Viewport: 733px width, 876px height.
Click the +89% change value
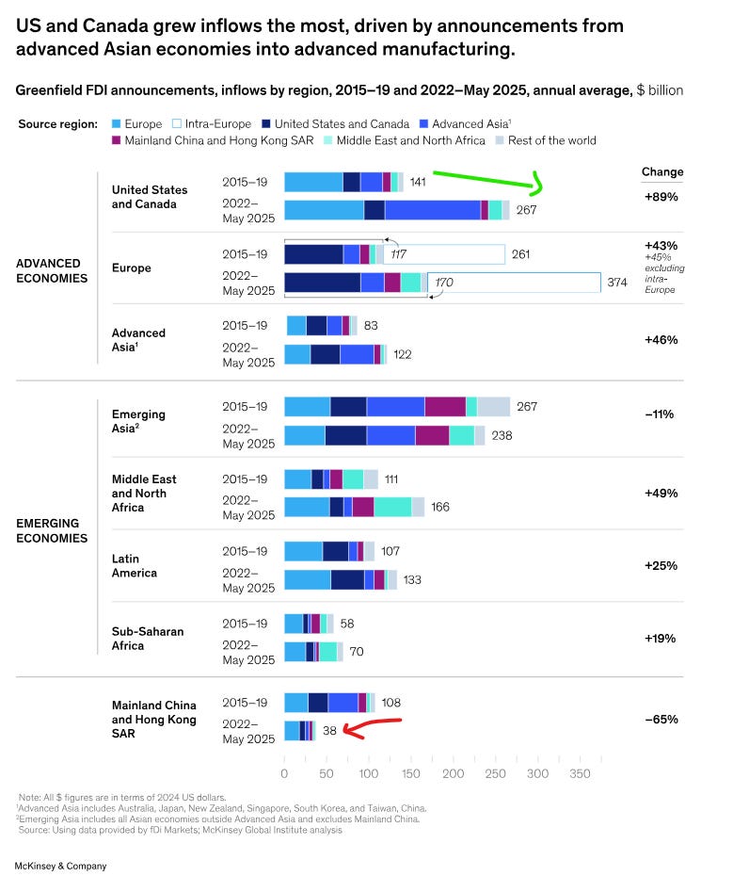click(x=661, y=197)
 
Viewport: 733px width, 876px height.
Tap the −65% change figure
click(x=661, y=719)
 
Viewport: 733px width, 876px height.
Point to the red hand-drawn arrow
click(x=372, y=726)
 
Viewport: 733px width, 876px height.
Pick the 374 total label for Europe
click(x=617, y=283)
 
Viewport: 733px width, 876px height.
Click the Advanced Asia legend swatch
click(x=423, y=123)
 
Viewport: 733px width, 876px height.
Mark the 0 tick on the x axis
click(x=284, y=773)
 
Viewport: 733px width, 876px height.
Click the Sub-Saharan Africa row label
click(x=148, y=638)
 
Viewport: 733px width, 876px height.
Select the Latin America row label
click(x=135, y=565)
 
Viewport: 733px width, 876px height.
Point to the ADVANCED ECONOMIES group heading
click(x=54, y=270)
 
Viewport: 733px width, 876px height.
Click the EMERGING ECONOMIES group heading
click(x=53, y=530)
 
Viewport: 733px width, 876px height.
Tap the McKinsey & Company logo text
click(x=60, y=865)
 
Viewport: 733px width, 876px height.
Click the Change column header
click(x=662, y=172)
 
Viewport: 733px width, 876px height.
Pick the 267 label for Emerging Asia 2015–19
click(x=527, y=407)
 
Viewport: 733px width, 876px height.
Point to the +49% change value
click(x=661, y=493)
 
